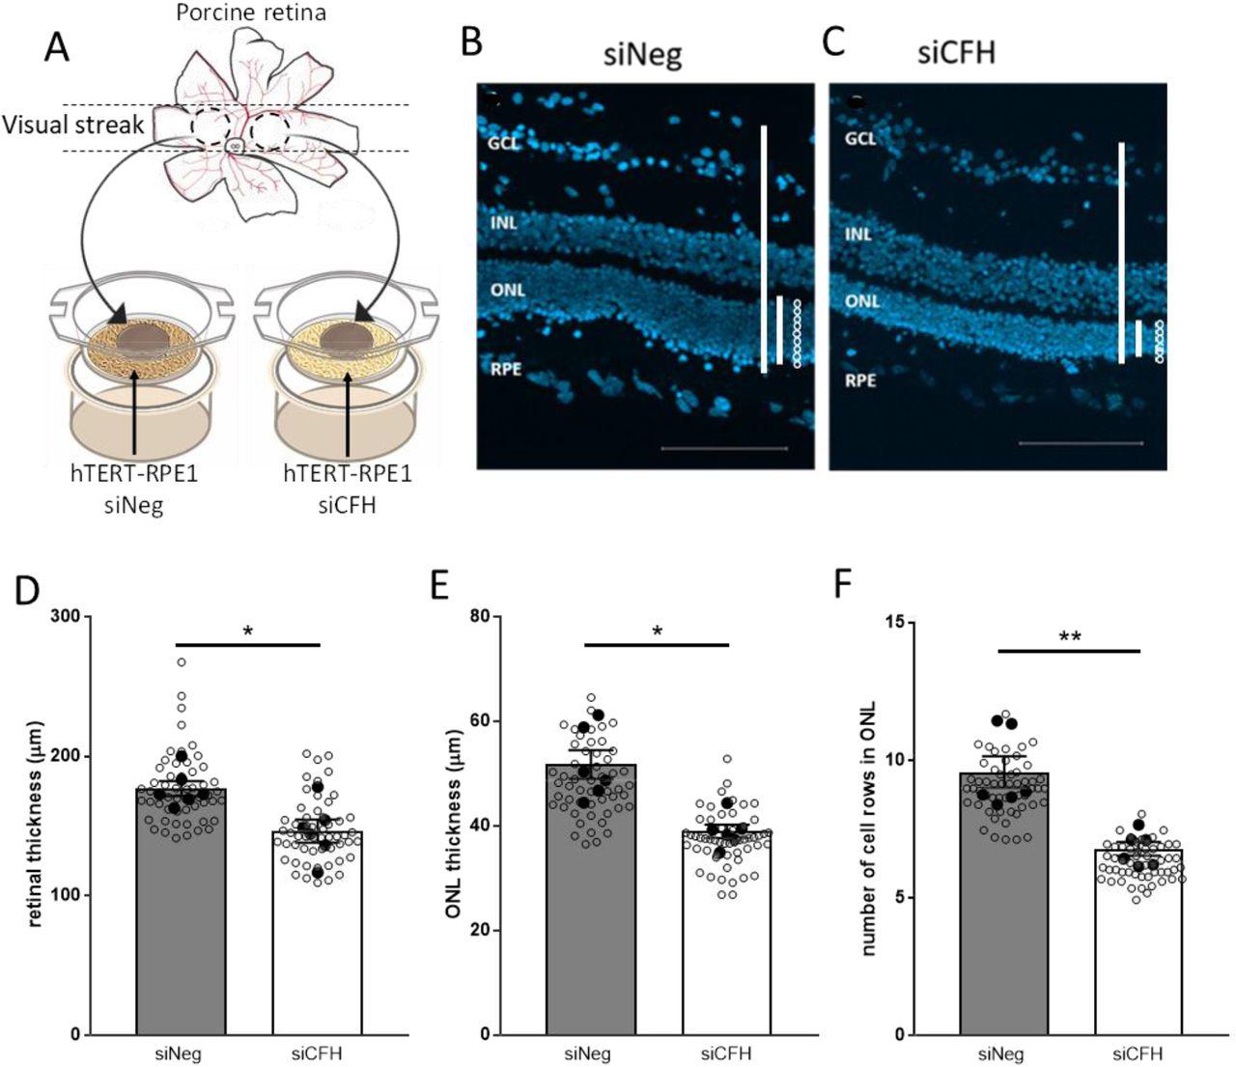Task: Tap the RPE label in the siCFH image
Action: click(x=860, y=380)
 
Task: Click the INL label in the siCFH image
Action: click(x=858, y=234)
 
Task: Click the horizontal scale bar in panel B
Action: click(x=724, y=449)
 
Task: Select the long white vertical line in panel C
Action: click(x=1121, y=253)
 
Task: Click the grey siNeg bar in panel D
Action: click(x=181, y=917)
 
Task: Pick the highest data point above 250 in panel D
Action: click(x=181, y=662)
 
